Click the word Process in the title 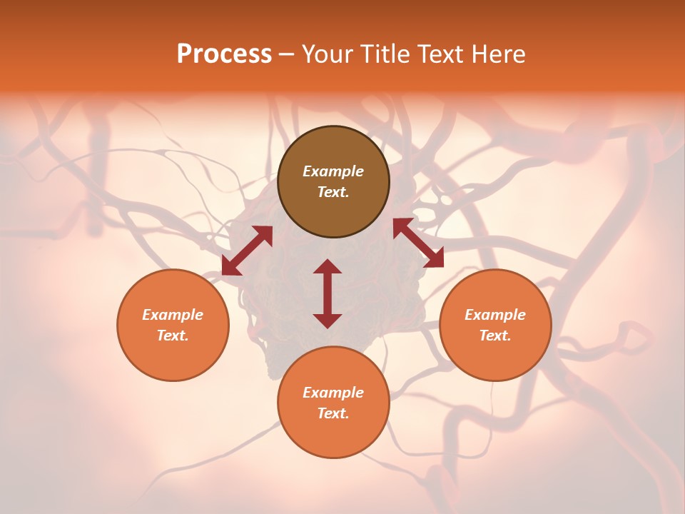click(224, 54)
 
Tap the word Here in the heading click(498, 54)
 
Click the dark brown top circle click(333, 181)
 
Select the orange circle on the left click(173, 325)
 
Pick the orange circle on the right click(495, 325)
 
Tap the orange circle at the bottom click(333, 402)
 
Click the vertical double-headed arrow click(328, 293)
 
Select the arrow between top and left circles click(248, 251)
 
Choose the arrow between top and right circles click(419, 243)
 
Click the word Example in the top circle click(333, 171)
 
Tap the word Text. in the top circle click(333, 192)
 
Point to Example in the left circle click(173, 315)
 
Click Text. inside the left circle click(173, 336)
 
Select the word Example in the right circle click(495, 315)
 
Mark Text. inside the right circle click(495, 336)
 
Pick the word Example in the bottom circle click(333, 393)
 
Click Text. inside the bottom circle click(333, 413)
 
